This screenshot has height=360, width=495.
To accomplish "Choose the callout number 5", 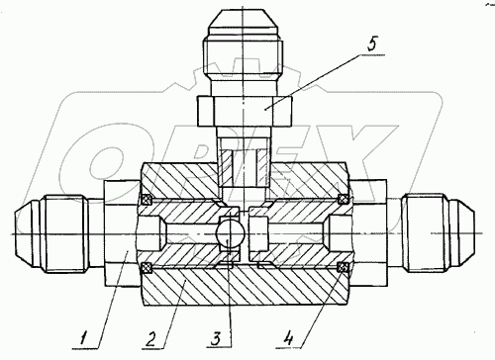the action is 372,45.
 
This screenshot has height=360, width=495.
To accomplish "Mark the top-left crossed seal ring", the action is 146,199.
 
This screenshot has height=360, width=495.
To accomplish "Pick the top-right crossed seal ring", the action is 344,199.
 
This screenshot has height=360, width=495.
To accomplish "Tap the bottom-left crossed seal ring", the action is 146,267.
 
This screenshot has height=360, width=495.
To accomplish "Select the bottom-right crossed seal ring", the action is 344,267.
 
